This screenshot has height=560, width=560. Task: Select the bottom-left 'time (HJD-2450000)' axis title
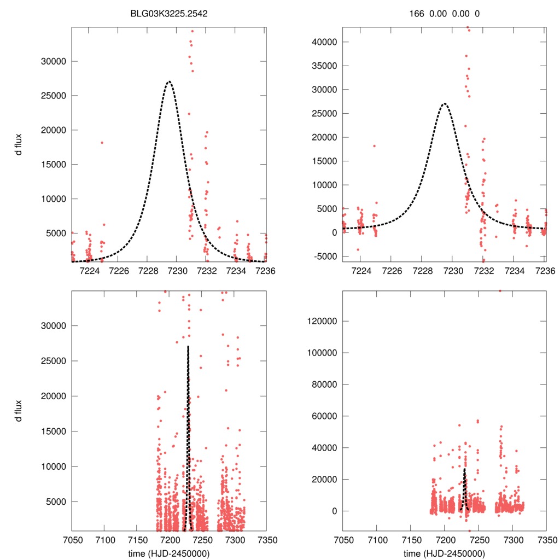(168, 553)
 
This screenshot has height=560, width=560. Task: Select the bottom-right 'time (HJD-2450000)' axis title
(444, 553)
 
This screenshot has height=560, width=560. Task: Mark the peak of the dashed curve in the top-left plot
(168, 81)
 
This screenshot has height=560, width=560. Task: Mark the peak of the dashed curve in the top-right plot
(444, 103)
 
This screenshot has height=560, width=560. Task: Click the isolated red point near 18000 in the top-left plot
(102, 143)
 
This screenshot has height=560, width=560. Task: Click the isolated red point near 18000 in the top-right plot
(374, 146)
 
